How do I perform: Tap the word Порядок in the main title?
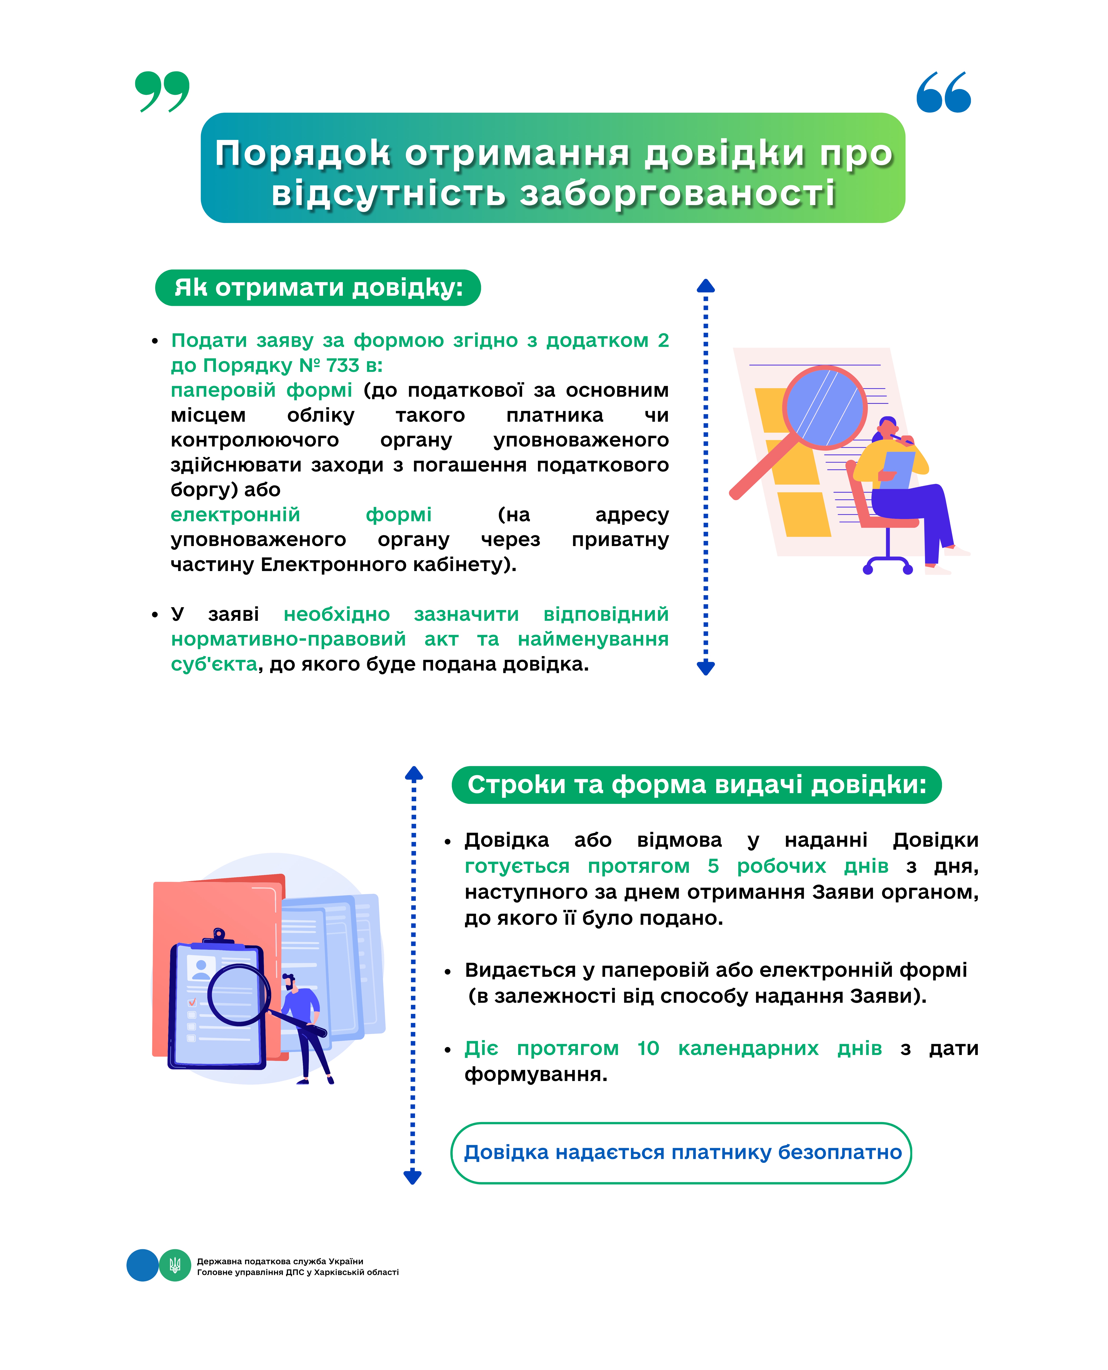(x=302, y=154)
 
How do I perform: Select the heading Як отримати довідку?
(x=318, y=288)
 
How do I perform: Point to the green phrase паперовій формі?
(x=261, y=390)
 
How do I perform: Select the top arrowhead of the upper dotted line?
(x=705, y=286)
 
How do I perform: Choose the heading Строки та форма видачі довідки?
(x=696, y=784)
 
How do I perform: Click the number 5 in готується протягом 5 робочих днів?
(x=713, y=866)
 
